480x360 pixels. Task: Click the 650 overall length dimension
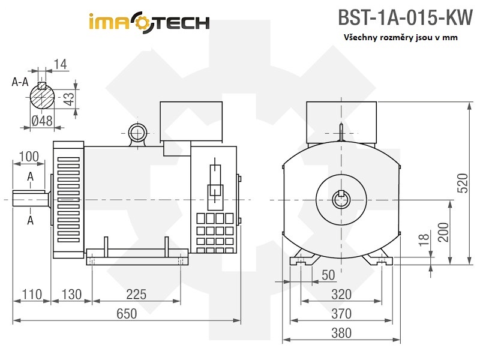(x=127, y=313)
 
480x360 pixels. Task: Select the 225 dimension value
(x=137, y=294)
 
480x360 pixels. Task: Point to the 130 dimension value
(x=71, y=294)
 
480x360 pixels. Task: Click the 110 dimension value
(x=32, y=294)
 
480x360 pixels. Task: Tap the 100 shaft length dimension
(x=29, y=157)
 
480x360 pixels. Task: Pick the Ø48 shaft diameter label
(x=41, y=121)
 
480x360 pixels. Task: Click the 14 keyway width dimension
(x=60, y=64)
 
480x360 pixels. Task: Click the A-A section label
(x=20, y=83)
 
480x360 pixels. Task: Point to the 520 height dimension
(x=463, y=183)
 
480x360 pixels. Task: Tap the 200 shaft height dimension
(x=443, y=231)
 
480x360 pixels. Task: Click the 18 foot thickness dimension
(x=425, y=240)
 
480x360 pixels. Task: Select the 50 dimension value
(x=328, y=275)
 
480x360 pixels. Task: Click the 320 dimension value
(x=341, y=294)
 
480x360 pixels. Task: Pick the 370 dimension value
(x=341, y=313)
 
